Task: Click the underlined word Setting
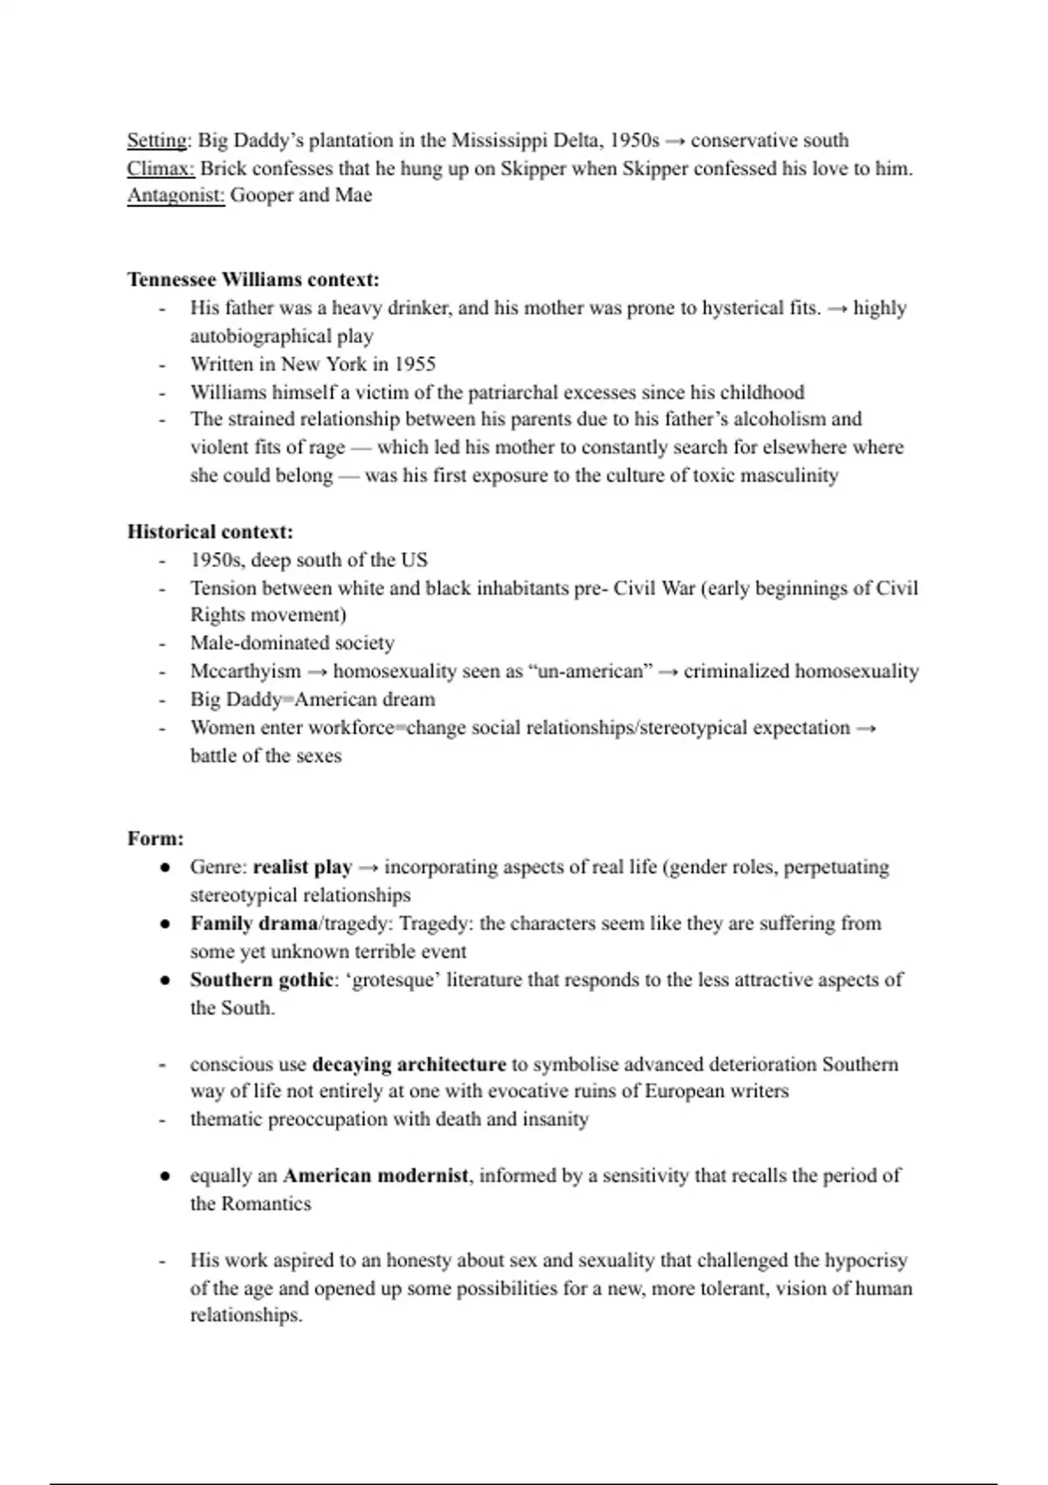pos(157,141)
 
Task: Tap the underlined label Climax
pos(160,169)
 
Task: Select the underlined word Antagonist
pos(176,196)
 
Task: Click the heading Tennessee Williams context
pos(253,280)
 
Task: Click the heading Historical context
pos(210,532)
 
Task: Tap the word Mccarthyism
pos(245,672)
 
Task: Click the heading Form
pos(155,839)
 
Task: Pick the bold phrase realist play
pos(302,867)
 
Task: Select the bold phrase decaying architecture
pos(409,1065)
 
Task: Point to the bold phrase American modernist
pos(376,1176)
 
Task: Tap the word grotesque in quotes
pos(391,980)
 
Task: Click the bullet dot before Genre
pos(163,867)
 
